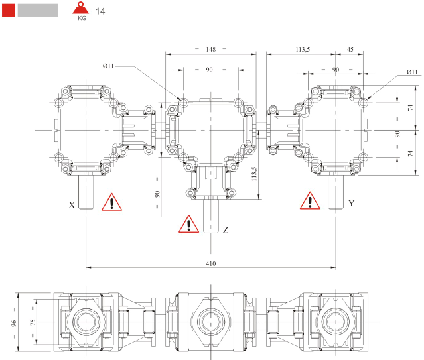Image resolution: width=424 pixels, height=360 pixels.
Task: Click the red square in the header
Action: [9, 9]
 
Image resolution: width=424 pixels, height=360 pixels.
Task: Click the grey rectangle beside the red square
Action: [37, 9]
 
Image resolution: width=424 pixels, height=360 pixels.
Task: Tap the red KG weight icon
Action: [82, 11]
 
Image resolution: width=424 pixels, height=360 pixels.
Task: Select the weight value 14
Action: [101, 11]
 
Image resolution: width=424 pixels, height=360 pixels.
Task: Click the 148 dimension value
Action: [211, 50]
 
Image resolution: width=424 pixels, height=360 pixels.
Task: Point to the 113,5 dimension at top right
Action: [303, 50]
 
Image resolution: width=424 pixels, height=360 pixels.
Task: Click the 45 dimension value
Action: [350, 50]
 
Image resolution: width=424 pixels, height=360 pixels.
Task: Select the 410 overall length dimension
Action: [211, 263]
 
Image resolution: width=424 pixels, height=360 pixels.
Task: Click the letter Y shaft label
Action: [351, 203]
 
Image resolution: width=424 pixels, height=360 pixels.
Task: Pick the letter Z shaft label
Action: [226, 230]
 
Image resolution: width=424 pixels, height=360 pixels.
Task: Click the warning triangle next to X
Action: [111, 202]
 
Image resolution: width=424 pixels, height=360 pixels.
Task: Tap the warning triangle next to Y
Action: [309, 201]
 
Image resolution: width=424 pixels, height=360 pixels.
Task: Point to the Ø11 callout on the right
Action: [411, 72]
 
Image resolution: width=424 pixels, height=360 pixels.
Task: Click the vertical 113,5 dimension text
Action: [253, 173]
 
